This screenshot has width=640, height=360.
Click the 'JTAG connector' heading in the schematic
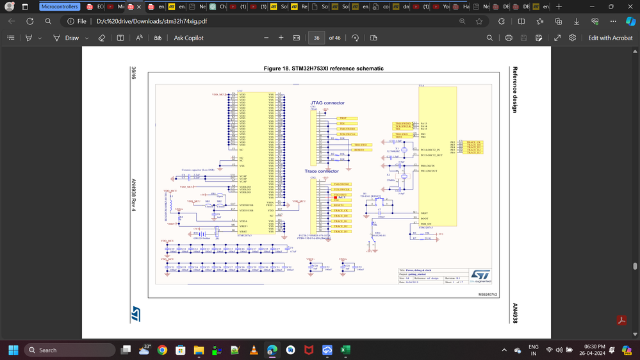pyautogui.click(x=327, y=102)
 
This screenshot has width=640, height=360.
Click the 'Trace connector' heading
pyautogui.click(x=323, y=171)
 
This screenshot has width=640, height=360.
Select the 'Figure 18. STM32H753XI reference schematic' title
pyautogui.click(x=324, y=69)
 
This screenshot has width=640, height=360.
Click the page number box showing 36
pyautogui.click(x=316, y=38)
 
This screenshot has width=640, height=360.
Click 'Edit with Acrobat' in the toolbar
pyautogui.click(x=610, y=38)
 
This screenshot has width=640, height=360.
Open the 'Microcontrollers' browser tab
pyautogui.click(x=60, y=6)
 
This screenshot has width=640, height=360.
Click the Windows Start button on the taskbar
pyautogui.click(x=13, y=350)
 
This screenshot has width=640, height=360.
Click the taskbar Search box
pyautogui.click(x=69, y=350)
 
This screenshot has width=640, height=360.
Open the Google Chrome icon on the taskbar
pyautogui.click(x=163, y=350)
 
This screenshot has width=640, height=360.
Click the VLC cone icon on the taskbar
pyautogui.click(x=254, y=350)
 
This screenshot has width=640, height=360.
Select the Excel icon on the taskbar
pyautogui.click(x=345, y=350)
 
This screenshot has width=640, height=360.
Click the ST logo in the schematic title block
pyautogui.click(x=479, y=274)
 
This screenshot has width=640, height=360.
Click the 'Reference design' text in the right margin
pyautogui.click(x=514, y=89)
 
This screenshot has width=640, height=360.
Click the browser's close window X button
pyautogui.click(x=629, y=6)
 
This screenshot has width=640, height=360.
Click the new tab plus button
pyautogui.click(x=559, y=6)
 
